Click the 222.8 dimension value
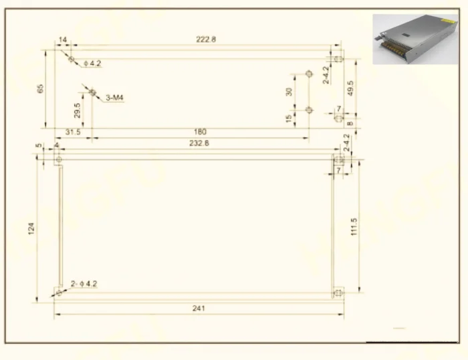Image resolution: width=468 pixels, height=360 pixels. tap(206, 39)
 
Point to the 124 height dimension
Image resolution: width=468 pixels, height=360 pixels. tap(31, 228)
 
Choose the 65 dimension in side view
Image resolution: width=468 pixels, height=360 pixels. tap(41, 88)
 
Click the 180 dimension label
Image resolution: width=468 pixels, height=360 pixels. tap(199, 132)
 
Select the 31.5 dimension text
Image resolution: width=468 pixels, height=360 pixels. tap(73, 132)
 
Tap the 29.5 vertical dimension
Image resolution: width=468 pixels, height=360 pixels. tap(78, 110)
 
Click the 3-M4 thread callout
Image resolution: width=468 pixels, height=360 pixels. tap(115, 98)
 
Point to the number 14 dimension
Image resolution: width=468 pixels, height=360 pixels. tap(63, 40)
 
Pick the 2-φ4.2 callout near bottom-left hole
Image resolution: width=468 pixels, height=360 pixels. tap(83, 284)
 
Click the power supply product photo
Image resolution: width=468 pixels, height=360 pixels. tap(415, 39)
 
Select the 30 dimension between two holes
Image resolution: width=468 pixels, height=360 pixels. tap(289, 92)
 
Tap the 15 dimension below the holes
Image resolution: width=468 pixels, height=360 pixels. tap(289, 118)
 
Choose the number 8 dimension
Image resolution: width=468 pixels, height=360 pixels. tap(350, 123)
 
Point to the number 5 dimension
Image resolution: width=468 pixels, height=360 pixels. tap(39, 145)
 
